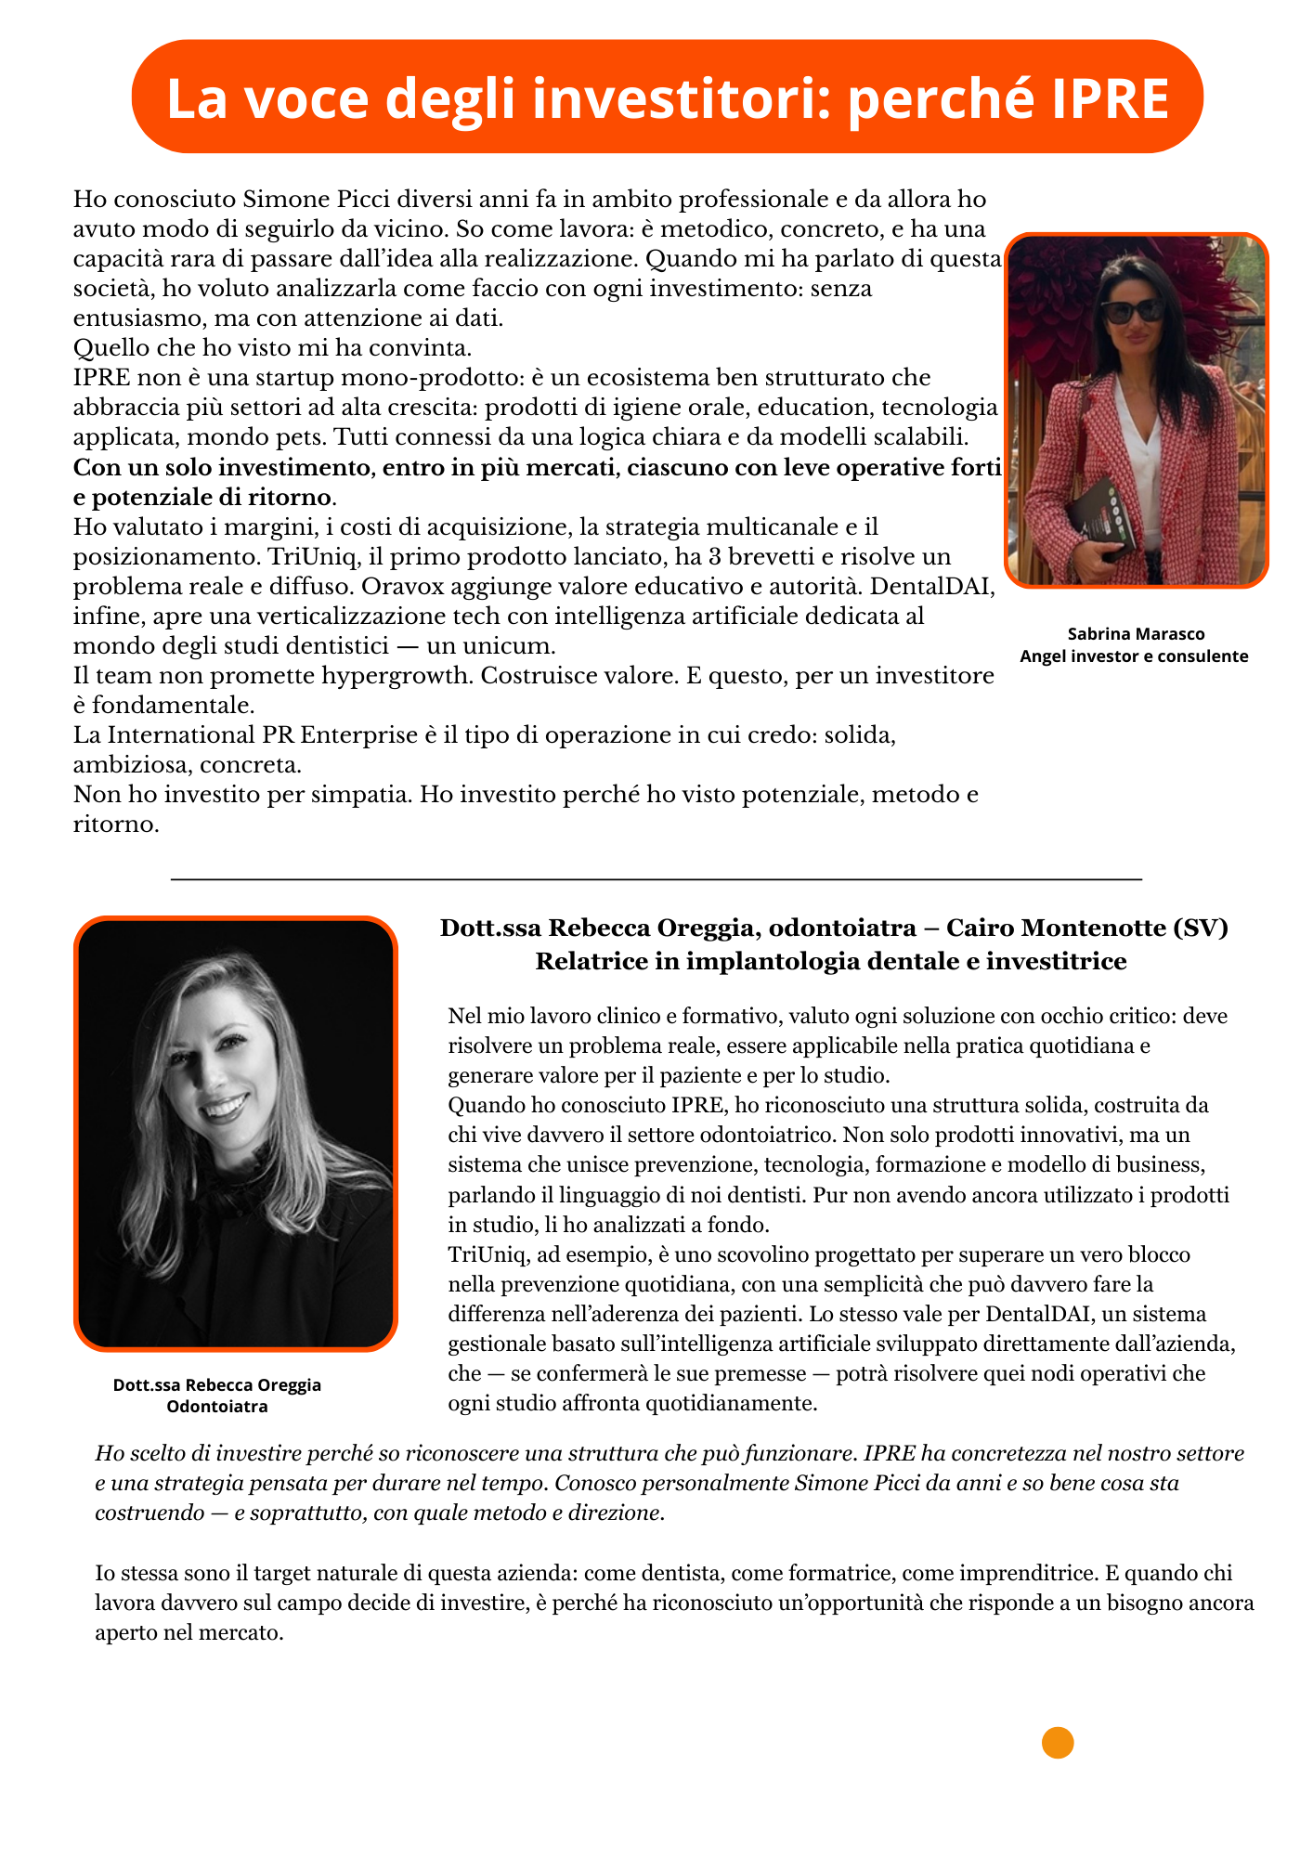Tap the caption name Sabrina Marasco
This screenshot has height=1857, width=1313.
pyautogui.click(x=1136, y=634)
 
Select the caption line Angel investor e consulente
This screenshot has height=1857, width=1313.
pyautogui.click(x=1134, y=656)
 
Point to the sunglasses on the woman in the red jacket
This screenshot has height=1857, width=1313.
pyautogui.click(x=1132, y=310)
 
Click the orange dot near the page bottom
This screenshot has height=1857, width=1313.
pyautogui.click(x=1058, y=1743)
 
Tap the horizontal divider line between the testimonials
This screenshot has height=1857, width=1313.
pyautogui.click(x=656, y=878)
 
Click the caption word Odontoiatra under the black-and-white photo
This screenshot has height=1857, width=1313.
pyautogui.click(x=217, y=1407)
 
